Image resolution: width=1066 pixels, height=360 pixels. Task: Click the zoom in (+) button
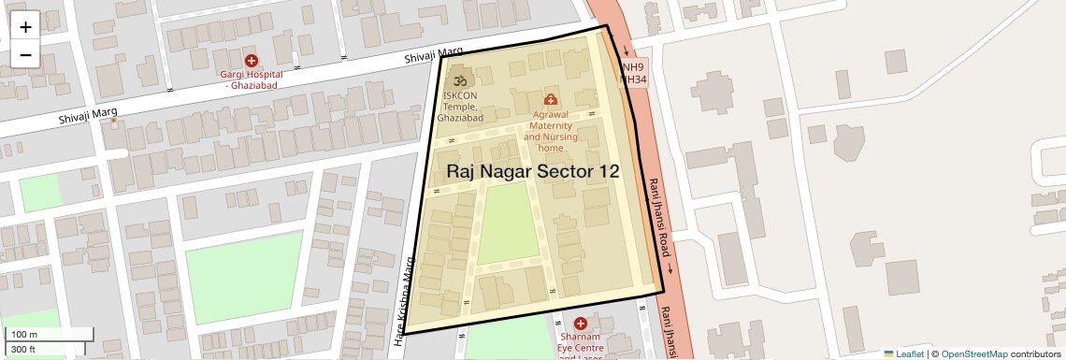25,26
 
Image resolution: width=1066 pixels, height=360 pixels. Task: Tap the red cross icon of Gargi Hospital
251,61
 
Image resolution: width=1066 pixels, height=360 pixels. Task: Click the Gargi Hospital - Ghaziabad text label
251,79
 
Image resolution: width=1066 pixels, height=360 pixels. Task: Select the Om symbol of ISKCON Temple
458,80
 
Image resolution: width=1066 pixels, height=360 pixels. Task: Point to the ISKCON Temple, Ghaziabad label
462,107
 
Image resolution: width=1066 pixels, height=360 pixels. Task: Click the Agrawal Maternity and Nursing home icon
550,99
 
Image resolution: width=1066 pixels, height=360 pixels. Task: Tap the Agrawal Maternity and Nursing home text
550,131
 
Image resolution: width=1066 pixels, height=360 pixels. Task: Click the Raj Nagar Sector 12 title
533,171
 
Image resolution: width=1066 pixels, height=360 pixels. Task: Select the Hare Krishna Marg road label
408,296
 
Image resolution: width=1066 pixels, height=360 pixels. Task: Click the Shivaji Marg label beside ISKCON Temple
434,56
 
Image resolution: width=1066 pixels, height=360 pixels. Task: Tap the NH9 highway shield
634,67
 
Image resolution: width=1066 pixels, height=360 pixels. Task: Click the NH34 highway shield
634,80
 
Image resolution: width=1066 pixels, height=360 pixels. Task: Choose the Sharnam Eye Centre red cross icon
580,324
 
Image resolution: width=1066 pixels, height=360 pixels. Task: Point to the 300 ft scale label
23,350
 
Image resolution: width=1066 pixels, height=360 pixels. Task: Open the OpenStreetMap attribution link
973,354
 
